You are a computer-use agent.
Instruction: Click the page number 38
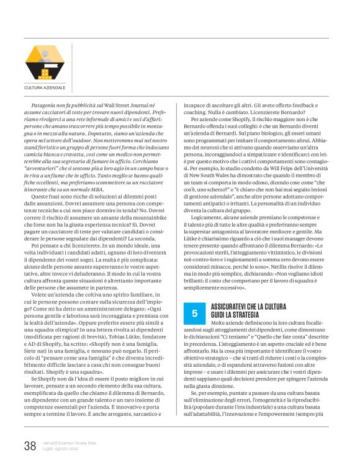pyautogui.click(x=30, y=444)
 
